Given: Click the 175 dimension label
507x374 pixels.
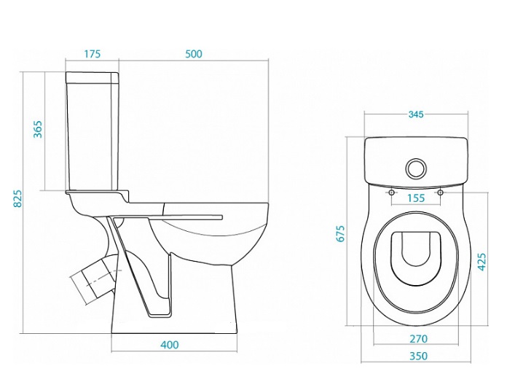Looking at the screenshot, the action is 93,54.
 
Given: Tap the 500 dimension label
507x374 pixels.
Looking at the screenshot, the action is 193,54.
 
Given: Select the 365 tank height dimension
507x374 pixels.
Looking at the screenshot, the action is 38,129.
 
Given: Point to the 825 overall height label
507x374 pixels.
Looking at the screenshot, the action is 17,198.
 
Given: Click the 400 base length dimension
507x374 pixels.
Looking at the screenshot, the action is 170,345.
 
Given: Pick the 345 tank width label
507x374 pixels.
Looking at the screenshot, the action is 416,114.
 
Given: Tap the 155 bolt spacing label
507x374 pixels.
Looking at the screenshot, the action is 416,198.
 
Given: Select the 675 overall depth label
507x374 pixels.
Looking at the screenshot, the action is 340,233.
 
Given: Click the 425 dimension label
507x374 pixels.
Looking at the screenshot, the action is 482,262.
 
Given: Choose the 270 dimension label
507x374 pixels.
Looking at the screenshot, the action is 418,339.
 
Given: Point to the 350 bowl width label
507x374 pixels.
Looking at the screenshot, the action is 418,356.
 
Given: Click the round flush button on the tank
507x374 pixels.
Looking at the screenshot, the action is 416,168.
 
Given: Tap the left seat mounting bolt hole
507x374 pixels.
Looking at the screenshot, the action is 392,192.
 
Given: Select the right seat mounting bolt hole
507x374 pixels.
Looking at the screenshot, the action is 440,192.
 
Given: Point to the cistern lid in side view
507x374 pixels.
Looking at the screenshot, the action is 93,77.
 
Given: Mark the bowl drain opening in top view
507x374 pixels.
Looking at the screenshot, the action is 416,249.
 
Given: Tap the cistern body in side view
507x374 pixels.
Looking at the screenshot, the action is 93,136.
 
